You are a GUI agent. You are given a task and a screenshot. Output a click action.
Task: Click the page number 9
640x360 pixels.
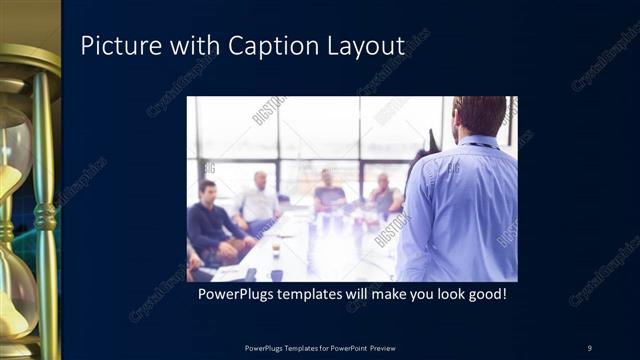589,347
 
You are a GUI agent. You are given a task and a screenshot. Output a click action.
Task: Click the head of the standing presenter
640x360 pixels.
479,115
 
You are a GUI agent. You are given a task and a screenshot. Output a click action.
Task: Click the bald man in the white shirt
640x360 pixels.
259,200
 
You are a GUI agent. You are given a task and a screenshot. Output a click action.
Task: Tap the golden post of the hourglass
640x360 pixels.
44,200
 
